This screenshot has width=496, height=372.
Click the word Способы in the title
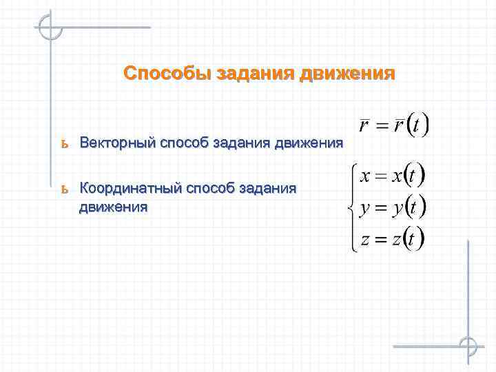click(x=167, y=74)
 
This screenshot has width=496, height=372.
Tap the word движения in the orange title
click(x=348, y=74)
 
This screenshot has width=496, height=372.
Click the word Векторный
click(x=117, y=143)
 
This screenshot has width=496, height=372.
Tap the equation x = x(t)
click(x=391, y=176)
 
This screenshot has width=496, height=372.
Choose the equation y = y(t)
click(x=391, y=207)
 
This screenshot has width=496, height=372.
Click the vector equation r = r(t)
click(x=394, y=126)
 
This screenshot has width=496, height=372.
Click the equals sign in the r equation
click(x=381, y=127)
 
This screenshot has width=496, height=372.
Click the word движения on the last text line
click(x=113, y=207)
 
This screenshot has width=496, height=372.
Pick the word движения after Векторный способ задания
click(x=309, y=143)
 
